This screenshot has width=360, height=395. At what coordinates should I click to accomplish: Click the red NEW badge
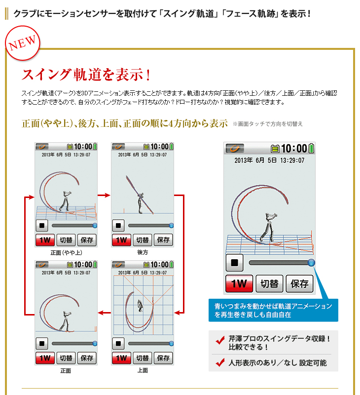(x=22, y=43)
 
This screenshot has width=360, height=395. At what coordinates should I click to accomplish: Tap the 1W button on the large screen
(x=239, y=283)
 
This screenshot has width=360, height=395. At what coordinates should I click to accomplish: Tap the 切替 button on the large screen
(x=270, y=283)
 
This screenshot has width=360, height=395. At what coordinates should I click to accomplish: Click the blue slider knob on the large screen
(x=311, y=263)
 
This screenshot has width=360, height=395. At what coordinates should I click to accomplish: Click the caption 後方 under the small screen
(x=143, y=252)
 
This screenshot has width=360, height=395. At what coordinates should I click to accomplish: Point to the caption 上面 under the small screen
(x=143, y=370)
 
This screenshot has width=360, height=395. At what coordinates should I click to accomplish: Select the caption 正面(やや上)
(x=66, y=252)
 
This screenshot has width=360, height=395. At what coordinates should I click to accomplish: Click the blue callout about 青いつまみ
(x=273, y=310)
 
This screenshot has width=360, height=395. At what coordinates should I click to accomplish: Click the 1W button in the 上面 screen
(x=121, y=357)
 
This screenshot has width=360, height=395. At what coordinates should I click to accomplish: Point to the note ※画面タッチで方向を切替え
(x=268, y=123)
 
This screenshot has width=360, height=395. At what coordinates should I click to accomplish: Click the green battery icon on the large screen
(x=312, y=148)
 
